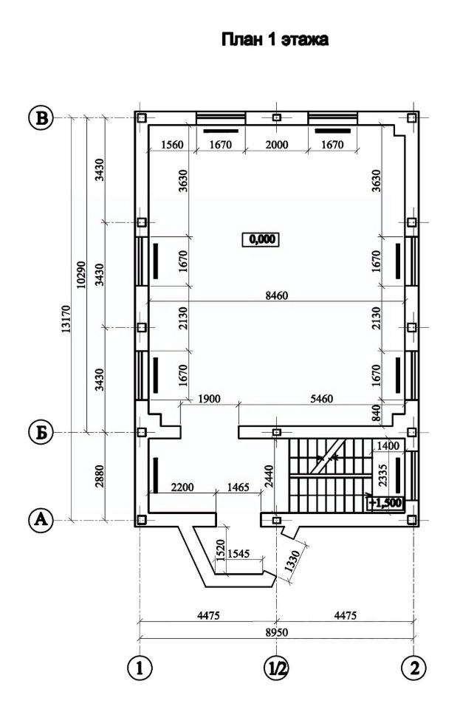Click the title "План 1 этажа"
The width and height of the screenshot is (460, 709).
click(275, 40)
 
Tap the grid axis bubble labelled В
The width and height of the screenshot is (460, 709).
click(41, 118)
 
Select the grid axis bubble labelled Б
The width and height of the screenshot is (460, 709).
click(41, 434)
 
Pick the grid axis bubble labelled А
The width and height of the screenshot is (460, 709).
click(41, 520)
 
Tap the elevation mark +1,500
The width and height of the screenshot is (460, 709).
click(385, 503)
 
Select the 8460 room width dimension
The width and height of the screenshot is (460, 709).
click(277, 295)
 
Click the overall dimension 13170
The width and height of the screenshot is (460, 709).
click(66, 319)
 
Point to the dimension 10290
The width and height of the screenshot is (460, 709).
click(81, 274)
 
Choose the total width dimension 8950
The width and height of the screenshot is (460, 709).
click(277, 631)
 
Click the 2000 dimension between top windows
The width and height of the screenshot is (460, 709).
click(277, 145)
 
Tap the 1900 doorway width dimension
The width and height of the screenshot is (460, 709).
click(209, 399)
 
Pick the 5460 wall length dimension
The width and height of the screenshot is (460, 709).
click(322, 399)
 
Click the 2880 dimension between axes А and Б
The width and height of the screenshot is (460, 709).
click(100, 476)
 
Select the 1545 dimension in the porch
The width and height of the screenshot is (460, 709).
click(238, 553)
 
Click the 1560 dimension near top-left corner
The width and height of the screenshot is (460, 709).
click(173, 145)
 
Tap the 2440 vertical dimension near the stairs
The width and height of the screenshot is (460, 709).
click(270, 476)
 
